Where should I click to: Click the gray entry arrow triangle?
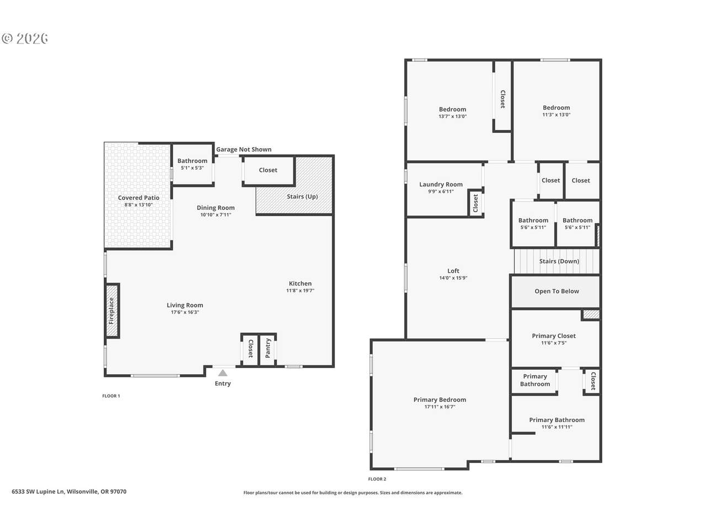[x=223, y=373]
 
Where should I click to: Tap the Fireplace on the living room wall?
[x=112, y=311]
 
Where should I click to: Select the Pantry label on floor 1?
[x=268, y=348]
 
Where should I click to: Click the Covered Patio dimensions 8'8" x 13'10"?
[x=138, y=204]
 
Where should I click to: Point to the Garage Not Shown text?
[x=243, y=149]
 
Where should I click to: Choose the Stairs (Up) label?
[x=302, y=197]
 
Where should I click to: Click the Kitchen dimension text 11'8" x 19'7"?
[x=300, y=290]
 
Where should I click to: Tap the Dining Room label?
[x=216, y=208]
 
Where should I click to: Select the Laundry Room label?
[x=441, y=185]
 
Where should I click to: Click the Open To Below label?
[x=557, y=292]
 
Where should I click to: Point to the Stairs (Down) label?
[x=559, y=261]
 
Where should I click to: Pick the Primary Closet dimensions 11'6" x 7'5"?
[x=554, y=343]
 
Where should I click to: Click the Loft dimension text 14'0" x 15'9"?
[x=453, y=278]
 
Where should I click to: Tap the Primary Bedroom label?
[x=440, y=400]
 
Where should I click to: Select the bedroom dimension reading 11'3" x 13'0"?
[x=556, y=115]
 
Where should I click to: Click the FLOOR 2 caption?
[x=377, y=479]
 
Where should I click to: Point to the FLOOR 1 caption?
[x=111, y=396]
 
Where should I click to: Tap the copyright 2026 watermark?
[x=25, y=39]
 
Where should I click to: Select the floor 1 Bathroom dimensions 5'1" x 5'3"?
[x=192, y=168]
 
